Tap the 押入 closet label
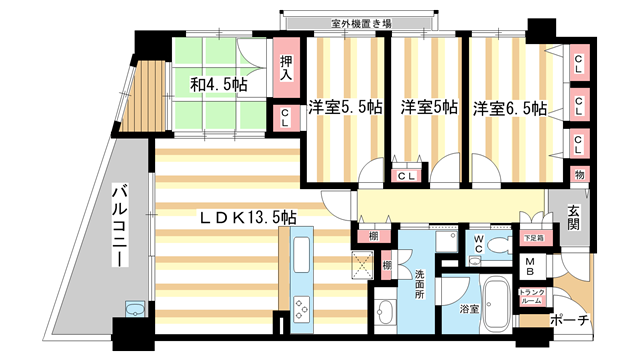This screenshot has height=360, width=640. tap(285, 67)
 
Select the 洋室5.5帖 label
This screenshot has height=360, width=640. tap(342, 107)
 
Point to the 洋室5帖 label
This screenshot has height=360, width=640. tap(430, 107)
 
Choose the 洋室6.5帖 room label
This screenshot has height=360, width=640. tap(510, 107)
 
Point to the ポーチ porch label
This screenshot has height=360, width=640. tap(571, 321)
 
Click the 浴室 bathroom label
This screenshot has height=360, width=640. tap(469, 309)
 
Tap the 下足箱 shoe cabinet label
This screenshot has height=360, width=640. tap(532, 239)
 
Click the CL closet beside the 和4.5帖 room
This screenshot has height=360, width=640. tap(285, 117)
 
